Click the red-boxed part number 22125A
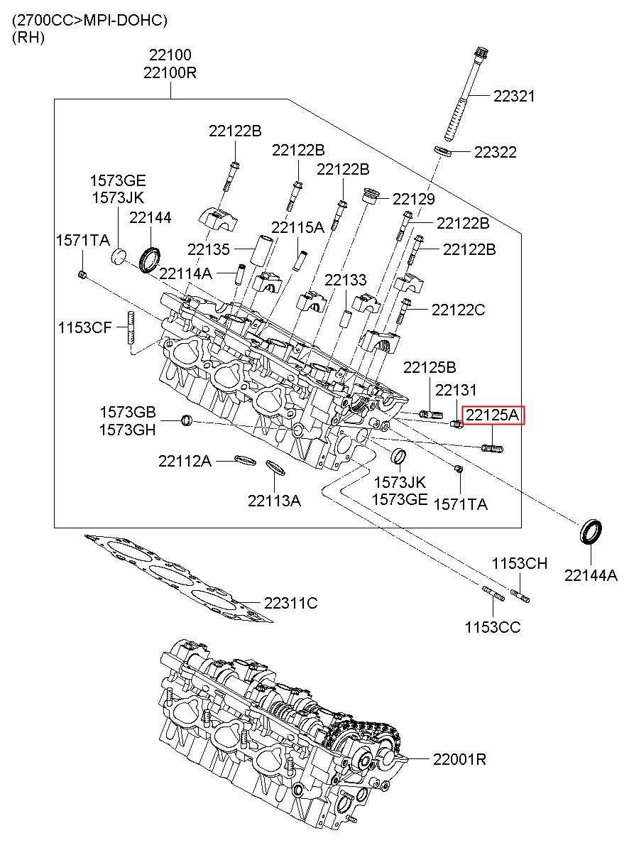[x=493, y=415]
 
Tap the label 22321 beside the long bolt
[x=514, y=96]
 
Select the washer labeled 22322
[x=443, y=151]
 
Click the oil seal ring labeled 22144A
[x=590, y=532]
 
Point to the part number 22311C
[x=291, y=603]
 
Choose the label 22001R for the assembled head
[x=460, y=759]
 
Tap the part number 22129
[x=414, y=199]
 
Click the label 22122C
[x=458, y=310]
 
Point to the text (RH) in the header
[x=28, y=37]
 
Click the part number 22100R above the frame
[x=170, y=72]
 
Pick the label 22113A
[x=275, y=501]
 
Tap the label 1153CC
[x=493, y=627]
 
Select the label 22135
[x=209, y=249]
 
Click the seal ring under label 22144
[x=151, y=261]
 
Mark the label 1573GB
[x=128, y=412]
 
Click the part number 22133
[x=346, y=281]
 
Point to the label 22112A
[x=185, y=461]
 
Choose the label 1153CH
[x=520, y=563]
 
